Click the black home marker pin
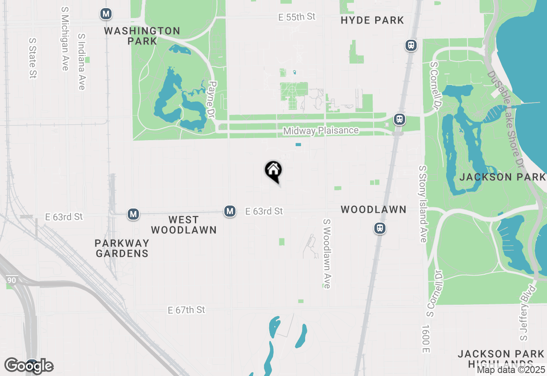coord(273,171)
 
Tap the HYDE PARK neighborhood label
coord(372,20)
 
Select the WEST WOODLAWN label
coord(184,225)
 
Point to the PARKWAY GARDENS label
coord(122,248)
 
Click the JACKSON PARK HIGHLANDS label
coord(501,359)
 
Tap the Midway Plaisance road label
coord(321,131)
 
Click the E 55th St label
coord(297,17)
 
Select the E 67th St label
coord(187,310)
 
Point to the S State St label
coord(32,58)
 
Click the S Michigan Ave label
coord(65,38)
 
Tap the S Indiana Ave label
coord(82,62)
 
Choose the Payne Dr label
coord(211,100)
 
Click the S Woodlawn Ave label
coord(327,254)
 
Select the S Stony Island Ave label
coord(423,204)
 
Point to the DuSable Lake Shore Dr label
coord(507,120)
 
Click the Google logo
coord(29,366)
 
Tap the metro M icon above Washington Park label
coord(106,14)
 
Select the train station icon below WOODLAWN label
coord(380,228)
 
